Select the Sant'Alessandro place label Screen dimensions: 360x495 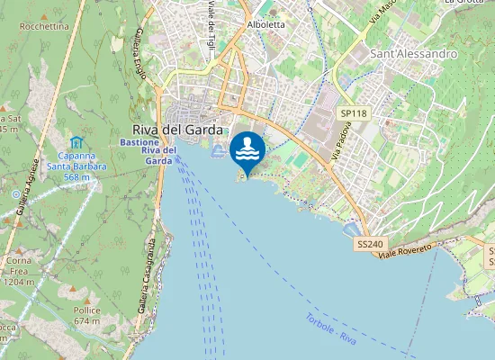pyautogui.click(x=414, y=54)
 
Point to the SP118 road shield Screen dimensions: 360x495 pyautogui.click(x=354, y=113)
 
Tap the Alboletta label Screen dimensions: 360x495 pyautogui.click(x=265, y=25)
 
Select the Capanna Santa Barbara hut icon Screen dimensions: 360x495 pyautogui.click(x=76, y=142)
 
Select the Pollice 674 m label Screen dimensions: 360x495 pyautogui.click(x=86, y=315)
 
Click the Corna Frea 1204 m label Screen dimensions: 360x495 pyautogui.click(x=19, y=271)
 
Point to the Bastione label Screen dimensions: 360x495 pyautogui.click(x=140, y=143)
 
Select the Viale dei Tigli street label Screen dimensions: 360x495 pyautogui.click(x=211, y=24)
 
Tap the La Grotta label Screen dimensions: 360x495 pyautogui.click(x=464, y=3)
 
